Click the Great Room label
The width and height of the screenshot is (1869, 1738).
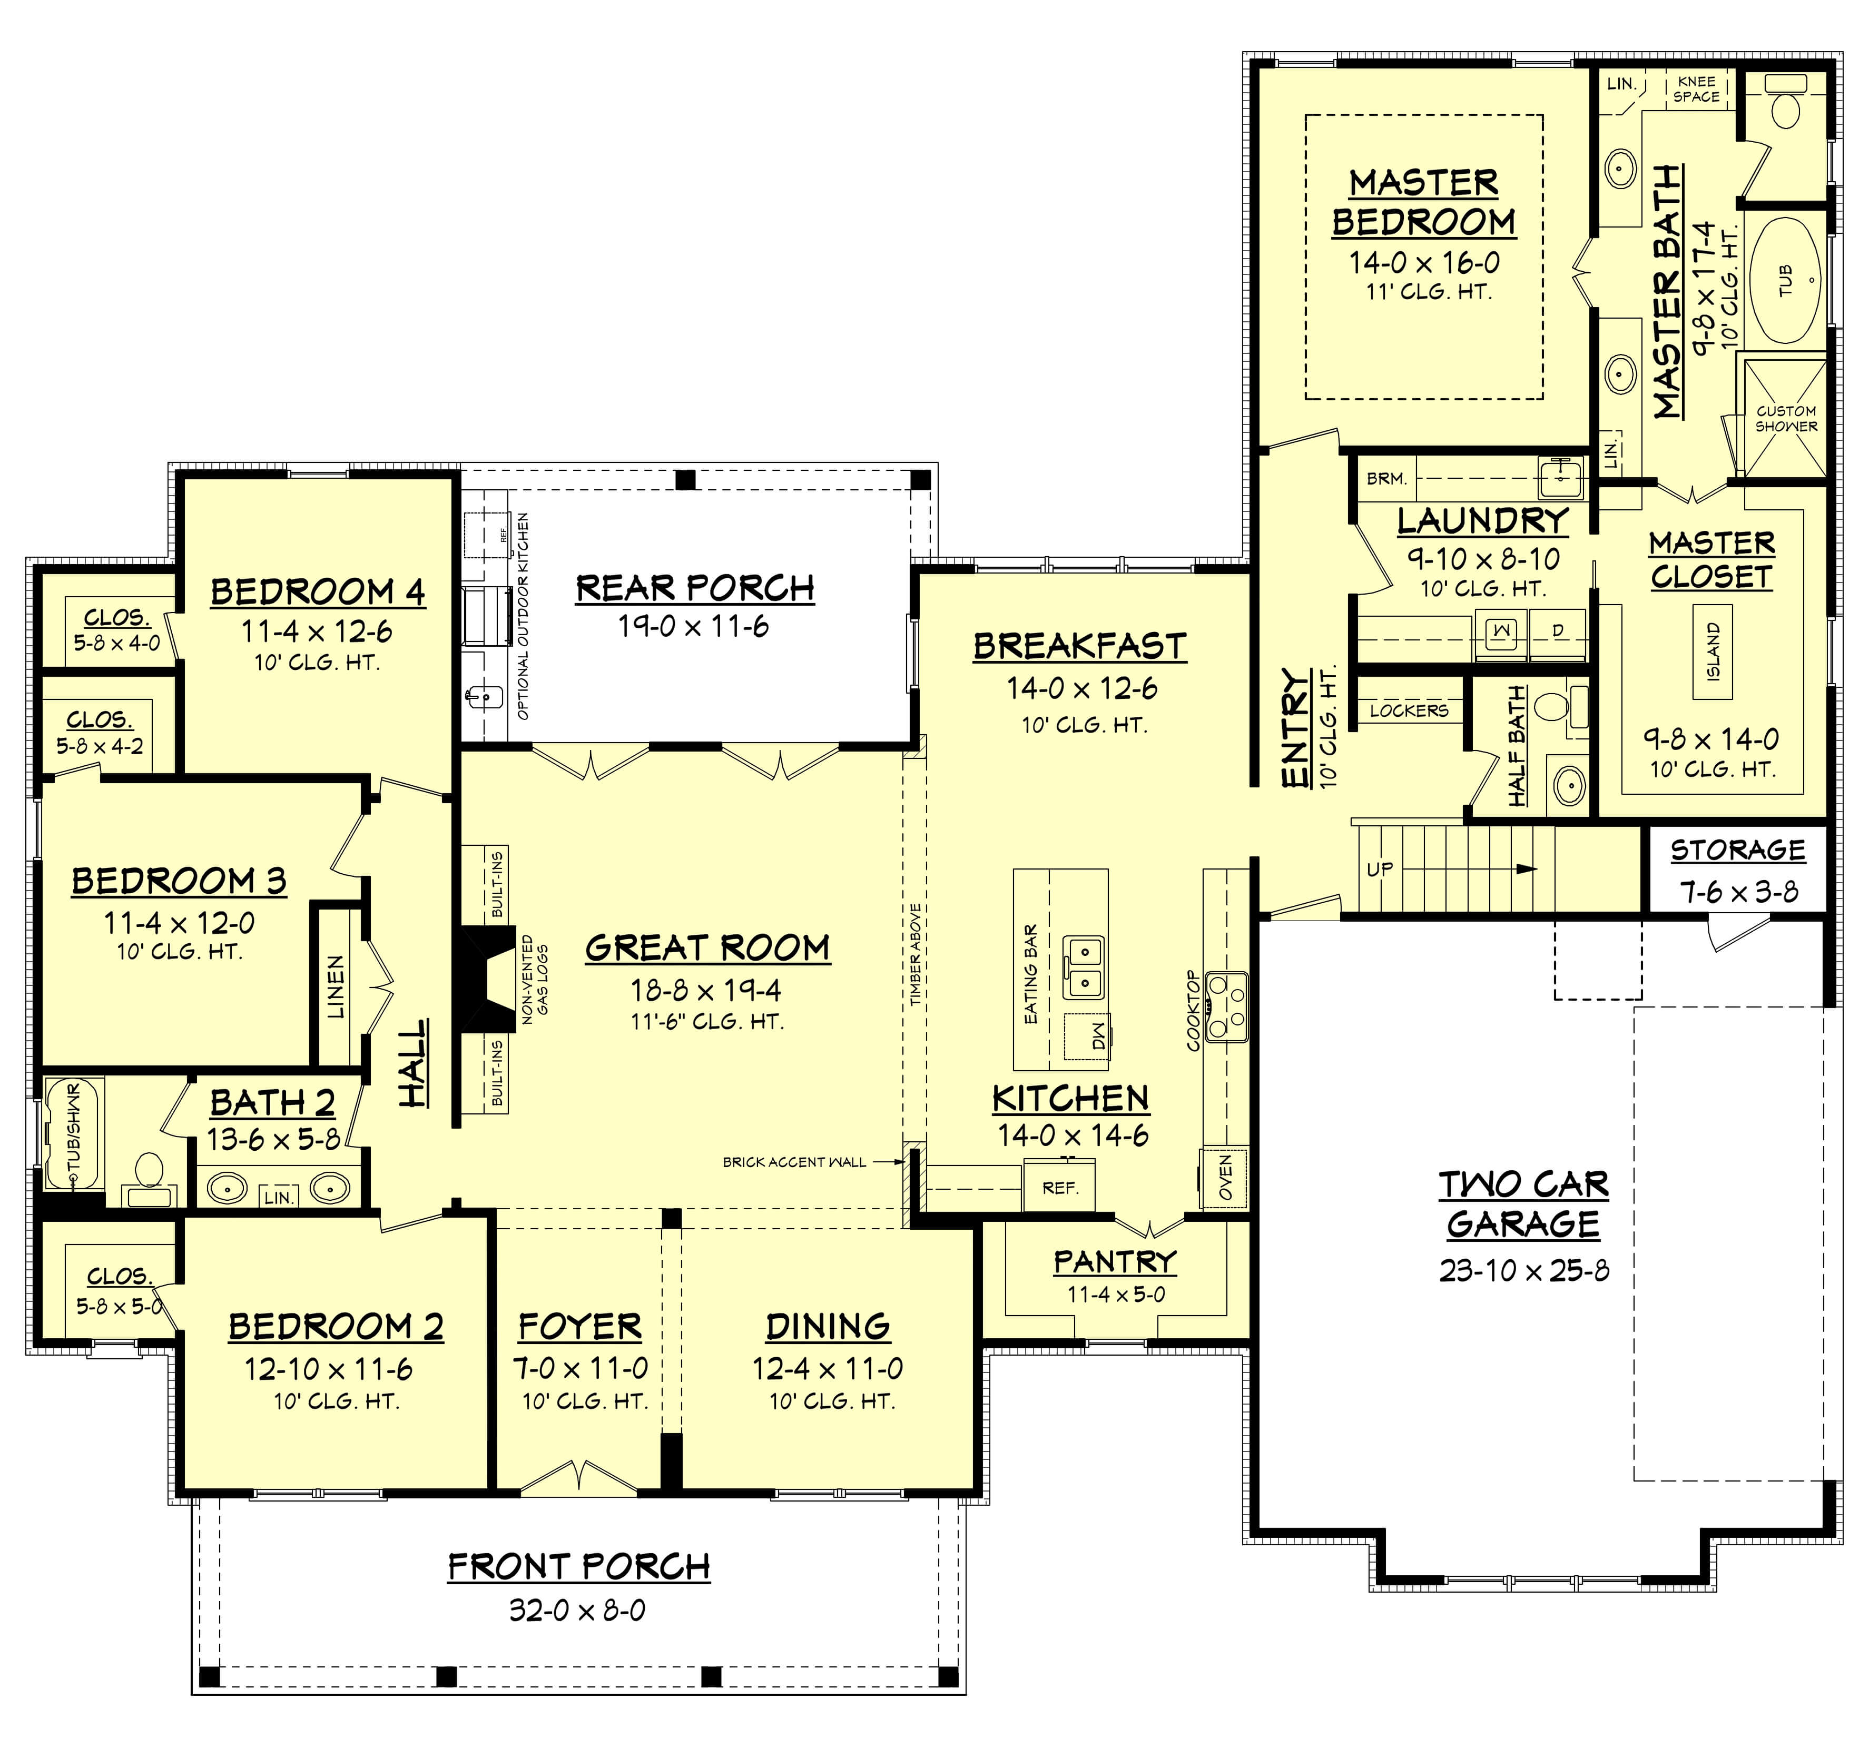pos(707,947)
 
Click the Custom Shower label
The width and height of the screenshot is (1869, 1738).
pos(1785,418)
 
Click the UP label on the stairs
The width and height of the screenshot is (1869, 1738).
pos(1379,870)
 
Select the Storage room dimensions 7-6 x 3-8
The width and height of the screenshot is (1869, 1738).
pos(1738,891)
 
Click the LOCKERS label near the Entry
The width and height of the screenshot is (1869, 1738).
pos(1408,710)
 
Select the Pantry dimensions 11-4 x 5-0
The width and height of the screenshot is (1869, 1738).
pos(1115,1295)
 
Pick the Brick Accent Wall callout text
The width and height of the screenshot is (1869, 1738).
pos(794,1162)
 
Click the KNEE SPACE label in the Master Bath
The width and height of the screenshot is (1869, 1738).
pos(1696,90)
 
